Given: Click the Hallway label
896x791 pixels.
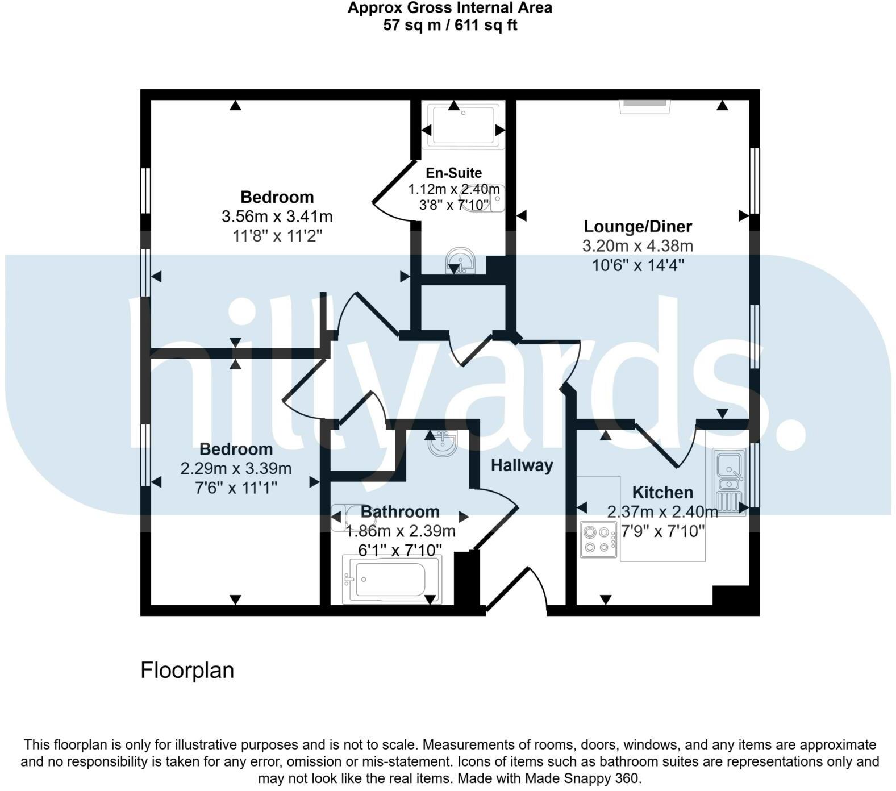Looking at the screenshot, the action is [522, 465].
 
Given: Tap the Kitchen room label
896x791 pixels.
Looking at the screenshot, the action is [662, 492].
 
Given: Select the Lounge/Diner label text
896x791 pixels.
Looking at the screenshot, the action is [637, 226].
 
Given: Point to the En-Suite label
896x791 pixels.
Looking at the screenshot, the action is [454, 173].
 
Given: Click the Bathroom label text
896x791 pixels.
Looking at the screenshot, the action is [400, 511].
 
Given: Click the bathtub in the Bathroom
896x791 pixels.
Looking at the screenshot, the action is [391, 579].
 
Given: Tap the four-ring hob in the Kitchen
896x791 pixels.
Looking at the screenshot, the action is [599, 539].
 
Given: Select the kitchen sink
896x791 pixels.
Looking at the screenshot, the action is [729, 481].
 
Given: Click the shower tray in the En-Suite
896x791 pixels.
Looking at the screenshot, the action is [464, 125].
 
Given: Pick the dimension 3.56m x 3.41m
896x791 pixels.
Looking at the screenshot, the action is [277, 217].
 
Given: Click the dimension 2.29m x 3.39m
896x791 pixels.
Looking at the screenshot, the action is [236, 469].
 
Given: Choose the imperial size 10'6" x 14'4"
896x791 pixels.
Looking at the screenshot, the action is [637, 265].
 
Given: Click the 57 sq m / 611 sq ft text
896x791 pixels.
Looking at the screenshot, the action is [450, 25].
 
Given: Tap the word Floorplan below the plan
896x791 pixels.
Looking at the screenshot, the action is [187, 671].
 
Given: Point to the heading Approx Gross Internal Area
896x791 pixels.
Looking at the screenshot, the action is [450, 8].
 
